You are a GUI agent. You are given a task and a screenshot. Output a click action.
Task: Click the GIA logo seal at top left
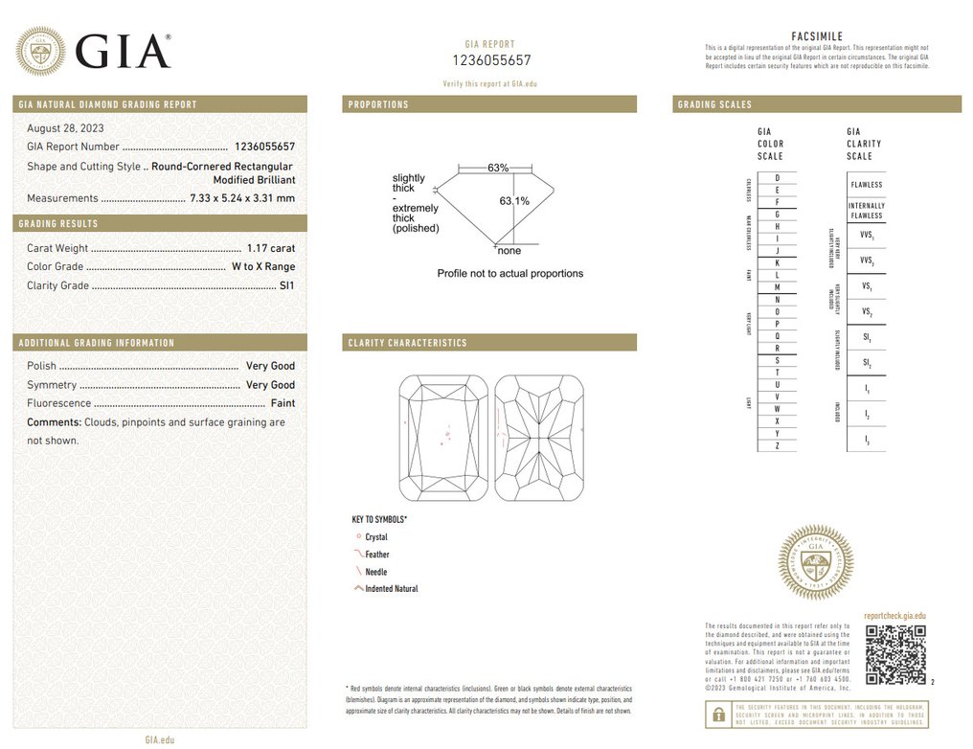[x=40, y=51]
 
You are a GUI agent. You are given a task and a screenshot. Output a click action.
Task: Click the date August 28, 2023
[x=65, y=128]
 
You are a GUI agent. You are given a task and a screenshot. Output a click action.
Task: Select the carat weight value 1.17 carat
[x=270, y=248]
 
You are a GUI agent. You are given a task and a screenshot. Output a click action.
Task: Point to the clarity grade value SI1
[x=286, y=285]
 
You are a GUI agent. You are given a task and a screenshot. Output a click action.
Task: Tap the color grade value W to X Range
[x=263, y=267]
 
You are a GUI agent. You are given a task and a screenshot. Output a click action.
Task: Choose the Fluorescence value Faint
[x=283, y=403]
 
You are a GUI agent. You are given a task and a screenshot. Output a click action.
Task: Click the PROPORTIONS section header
[x=378, y=104]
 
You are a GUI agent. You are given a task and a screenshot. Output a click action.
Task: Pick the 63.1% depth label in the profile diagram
[x=514, y=201]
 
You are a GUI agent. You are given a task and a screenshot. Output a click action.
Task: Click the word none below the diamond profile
[x=509, y=251]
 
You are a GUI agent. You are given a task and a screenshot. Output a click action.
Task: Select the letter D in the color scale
[x=777, y=178]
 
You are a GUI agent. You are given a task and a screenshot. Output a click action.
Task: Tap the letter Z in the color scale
[x=777, y=446]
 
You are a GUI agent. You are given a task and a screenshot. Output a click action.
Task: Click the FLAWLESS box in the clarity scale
[x=866, y=185]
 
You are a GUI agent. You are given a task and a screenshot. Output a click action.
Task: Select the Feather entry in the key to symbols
[x=376, y=555]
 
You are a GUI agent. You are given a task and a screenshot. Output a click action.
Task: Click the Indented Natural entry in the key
[x=391, y=589]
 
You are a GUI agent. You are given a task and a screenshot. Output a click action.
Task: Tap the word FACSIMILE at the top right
[x=817, y=36]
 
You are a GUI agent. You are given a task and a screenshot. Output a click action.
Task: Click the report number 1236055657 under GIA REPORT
[x=490, y=60]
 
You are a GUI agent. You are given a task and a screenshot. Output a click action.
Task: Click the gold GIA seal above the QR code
[x=815, y=562]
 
